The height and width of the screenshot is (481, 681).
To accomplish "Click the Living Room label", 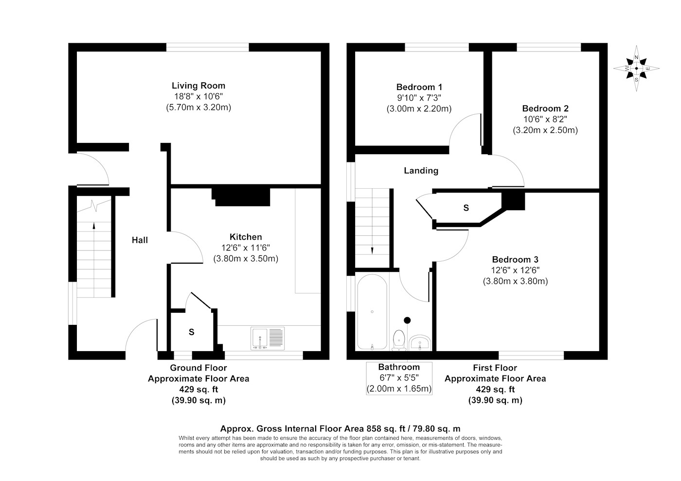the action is tap(198, 86).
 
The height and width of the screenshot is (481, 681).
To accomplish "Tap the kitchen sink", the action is tap(268, 338).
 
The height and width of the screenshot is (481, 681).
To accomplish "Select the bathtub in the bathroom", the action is tap(372, 312).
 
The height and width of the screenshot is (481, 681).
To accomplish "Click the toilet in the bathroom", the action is tap(399, 340).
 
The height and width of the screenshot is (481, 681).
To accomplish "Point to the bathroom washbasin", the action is tap(420, 343).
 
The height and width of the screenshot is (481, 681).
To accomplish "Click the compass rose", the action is tap(636, 69).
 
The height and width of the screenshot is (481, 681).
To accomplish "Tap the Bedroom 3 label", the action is tap(515, 260).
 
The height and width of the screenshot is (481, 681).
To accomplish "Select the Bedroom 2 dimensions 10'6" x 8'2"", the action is tap(545, 119).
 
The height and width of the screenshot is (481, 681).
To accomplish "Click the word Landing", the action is tap(421, 171).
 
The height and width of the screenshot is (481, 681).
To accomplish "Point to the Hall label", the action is tap(140, 240).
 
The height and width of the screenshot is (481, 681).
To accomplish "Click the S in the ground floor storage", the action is tap(191, 332).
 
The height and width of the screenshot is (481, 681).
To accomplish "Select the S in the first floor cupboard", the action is tap(466, 208).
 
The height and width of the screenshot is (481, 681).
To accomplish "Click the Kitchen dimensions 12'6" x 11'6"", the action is tap(246, 248).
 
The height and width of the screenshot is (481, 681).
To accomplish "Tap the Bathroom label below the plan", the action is tap(399, 367).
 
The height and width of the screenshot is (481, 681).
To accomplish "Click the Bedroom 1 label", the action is tap(419, 87).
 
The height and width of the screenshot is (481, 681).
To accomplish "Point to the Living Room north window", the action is tap(207, 47).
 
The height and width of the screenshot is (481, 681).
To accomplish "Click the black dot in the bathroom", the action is tap(407, 320).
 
